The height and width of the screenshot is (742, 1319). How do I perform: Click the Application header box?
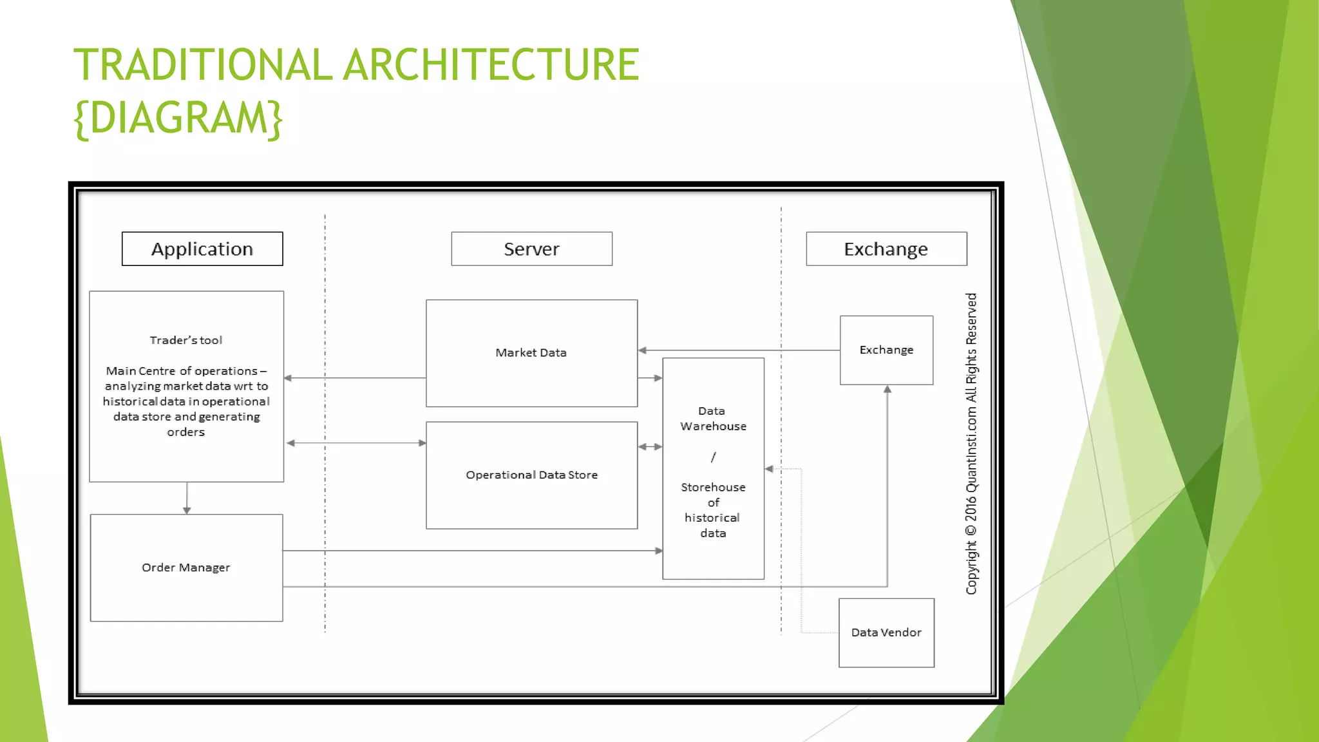pyautogui.click(x=202, y=249)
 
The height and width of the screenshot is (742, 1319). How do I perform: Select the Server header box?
pyautogui.click(x=531, y=249)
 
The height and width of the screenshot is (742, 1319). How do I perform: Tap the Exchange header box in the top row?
pyautogui.click(x=886, y=249)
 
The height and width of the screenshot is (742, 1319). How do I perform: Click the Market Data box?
pyautogui.click(x=531, y=353)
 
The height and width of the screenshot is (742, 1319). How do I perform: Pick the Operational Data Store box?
pyautogui.click(x=531, y=475)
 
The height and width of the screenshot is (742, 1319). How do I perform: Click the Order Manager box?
pyautogui.click(x=186, y=567)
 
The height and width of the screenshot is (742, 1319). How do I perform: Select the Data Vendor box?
pyautogui.click(x=886, y=633)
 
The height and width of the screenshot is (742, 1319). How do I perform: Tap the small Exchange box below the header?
pyautogui.click(x=886, y=350)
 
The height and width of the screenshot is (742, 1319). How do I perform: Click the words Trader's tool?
pyautogui.click(x=186, y=340)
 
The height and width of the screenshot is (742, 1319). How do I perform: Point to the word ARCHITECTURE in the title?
pyautogui.click(x=491, y=65)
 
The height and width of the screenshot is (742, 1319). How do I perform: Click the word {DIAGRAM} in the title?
pyautogui.click(x=178, y=118)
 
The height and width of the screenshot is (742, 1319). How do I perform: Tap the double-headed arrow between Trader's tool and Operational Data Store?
pyautogui.click(x=356, y=443)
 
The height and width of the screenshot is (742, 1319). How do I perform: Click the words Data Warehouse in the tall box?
pyautogui.click(x=713, y=419)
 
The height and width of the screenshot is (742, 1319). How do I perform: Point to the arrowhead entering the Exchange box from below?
pyautogui.click(x=887, y=390)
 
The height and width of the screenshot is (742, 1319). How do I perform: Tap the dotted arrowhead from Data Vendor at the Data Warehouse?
pyautogui.click(x=769, y=469)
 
